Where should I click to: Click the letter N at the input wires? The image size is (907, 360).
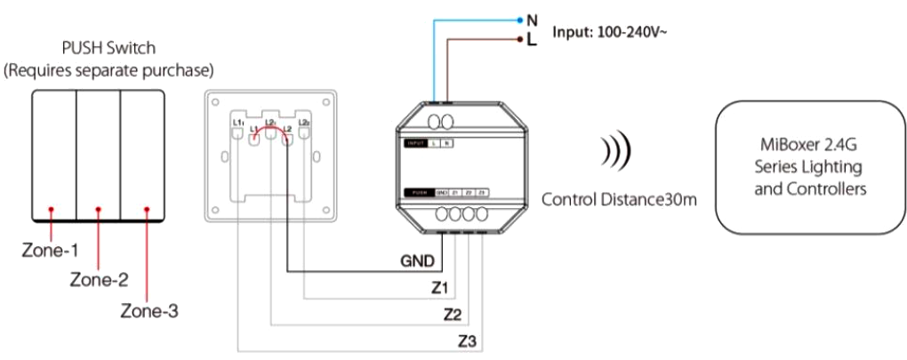pyautogui.click(x=532, y=18)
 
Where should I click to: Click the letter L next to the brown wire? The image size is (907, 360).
pyautogui.click(x=532, y=41)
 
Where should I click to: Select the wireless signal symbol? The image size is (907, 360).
pyautogui.click(x=614, y=151)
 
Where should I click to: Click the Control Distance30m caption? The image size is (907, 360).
pyautogui.click(x=619, y=199)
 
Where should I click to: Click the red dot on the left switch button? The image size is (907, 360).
pyautogui.click(x=52, y=209)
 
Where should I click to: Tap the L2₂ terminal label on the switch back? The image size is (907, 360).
pyautogui.click(x=304, y=121)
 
